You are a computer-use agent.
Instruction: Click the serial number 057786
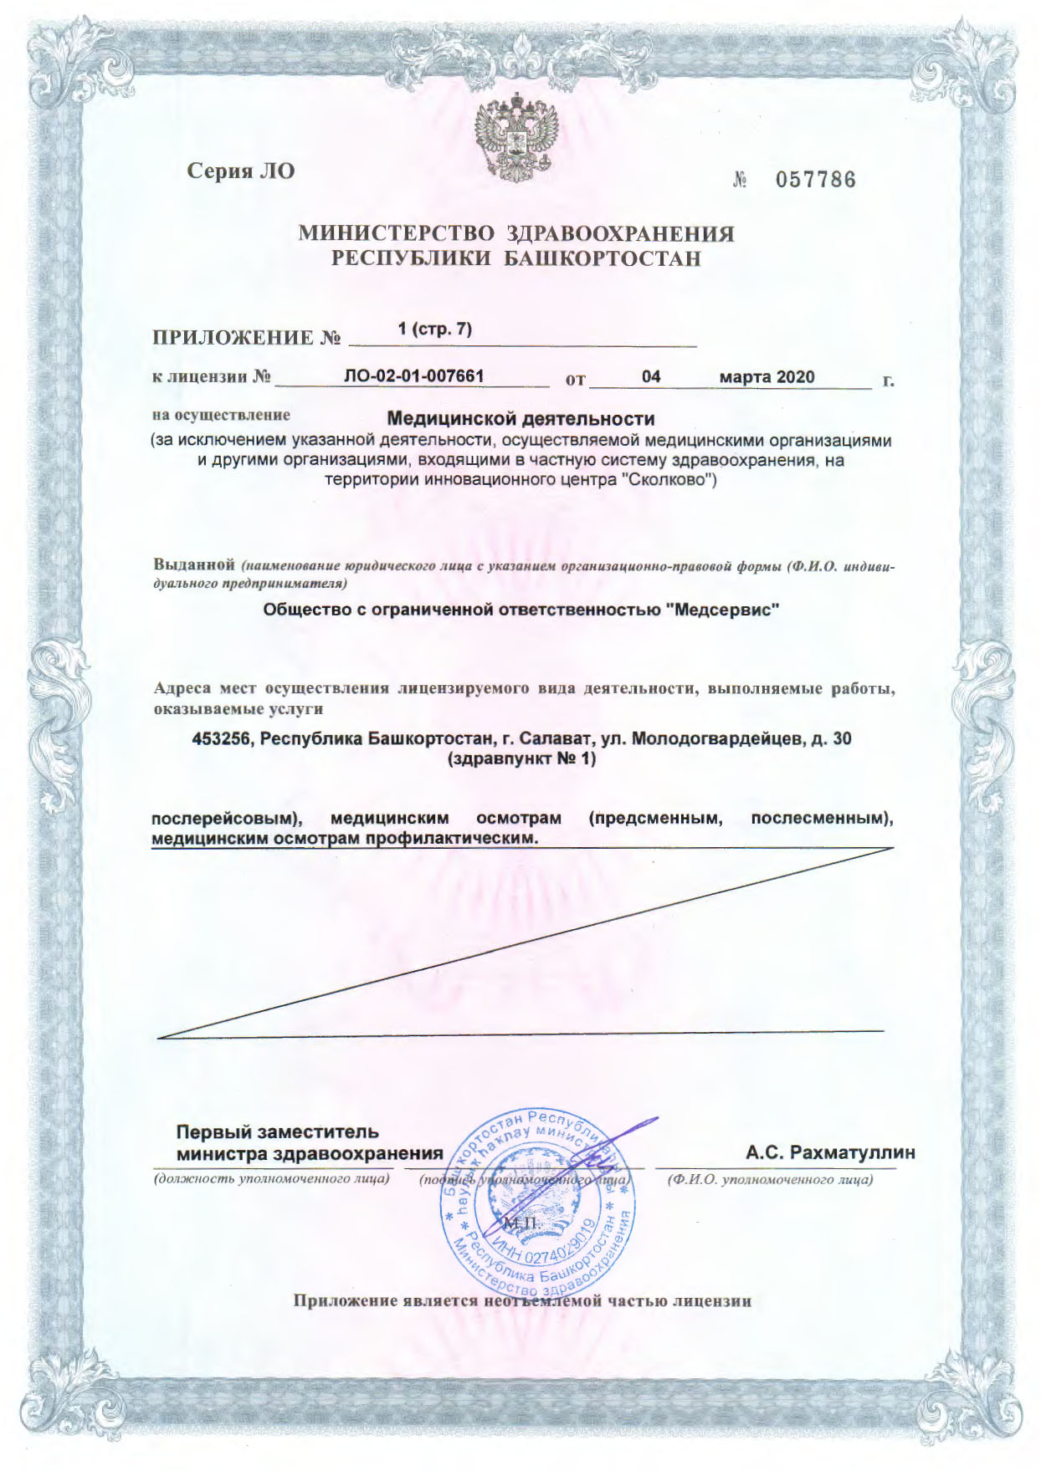pyautogui.click(x=815, y=180)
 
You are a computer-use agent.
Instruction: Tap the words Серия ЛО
pyautogui.click(x=240, y=172)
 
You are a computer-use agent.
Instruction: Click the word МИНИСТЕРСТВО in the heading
pyautogui.click(x=397, y=234)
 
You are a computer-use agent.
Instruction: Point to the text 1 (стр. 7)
pyautogui.click(x=435, y=329)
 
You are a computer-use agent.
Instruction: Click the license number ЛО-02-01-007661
pyautogui.click(x=413, y=376)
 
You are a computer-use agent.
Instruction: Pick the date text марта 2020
pyautogui.click(x=767, y=377)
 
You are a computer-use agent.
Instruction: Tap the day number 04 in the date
pyautogui.click(x=651, y=377)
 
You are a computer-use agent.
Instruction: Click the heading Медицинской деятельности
pyautogui.click(x=520, y=418)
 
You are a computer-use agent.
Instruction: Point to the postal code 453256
pyautogui.click(x=222, y=739)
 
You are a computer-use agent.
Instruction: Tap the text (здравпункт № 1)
pyautogui.click(x=521, y=759)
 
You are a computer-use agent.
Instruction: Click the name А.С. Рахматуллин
pyautogui.click(x=830, y=1153)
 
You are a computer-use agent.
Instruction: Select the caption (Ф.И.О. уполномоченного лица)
pyautogui.click(x=770, y=1180)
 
